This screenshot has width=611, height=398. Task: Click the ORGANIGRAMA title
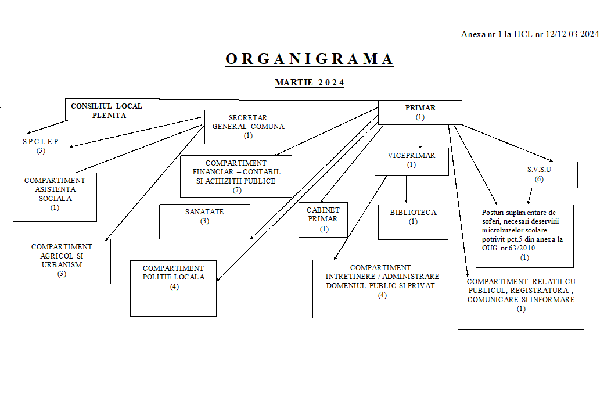click(x=310, y=59)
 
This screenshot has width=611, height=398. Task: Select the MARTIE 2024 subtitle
click(x=310, y=83)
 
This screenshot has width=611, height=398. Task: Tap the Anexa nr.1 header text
click(x=530, y=34)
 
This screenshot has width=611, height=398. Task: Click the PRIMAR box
click(x=420, y=112)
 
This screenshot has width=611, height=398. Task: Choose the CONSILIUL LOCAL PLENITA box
click(x=112, y=110)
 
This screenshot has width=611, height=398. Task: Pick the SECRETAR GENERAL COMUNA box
click(x=248, y=127)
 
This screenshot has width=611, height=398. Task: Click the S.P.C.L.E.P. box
click(x=41, y=148)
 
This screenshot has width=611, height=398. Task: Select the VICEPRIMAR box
click(x=412, y=160)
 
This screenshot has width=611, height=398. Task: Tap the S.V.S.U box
click(x=539, y=174)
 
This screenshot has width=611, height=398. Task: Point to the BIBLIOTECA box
click(x=413, y=221)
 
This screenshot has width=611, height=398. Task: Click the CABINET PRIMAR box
click(x=323, y=219)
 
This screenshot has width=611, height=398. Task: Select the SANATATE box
click(x=204, y=221)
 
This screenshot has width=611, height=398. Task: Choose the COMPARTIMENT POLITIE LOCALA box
click(x=173, y=288)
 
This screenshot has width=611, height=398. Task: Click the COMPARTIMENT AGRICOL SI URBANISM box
click(x=62, y=261)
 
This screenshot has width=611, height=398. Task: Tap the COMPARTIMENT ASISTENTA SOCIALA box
click(x=55, y=196)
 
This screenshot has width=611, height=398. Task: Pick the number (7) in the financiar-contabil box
click(x=236, y=190)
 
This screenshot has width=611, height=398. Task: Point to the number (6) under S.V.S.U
click(x=538, y=179)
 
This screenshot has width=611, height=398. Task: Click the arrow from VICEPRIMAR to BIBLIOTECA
click(x=406, y=189)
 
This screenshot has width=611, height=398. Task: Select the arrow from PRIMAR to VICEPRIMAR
click(x=420, y=136)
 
